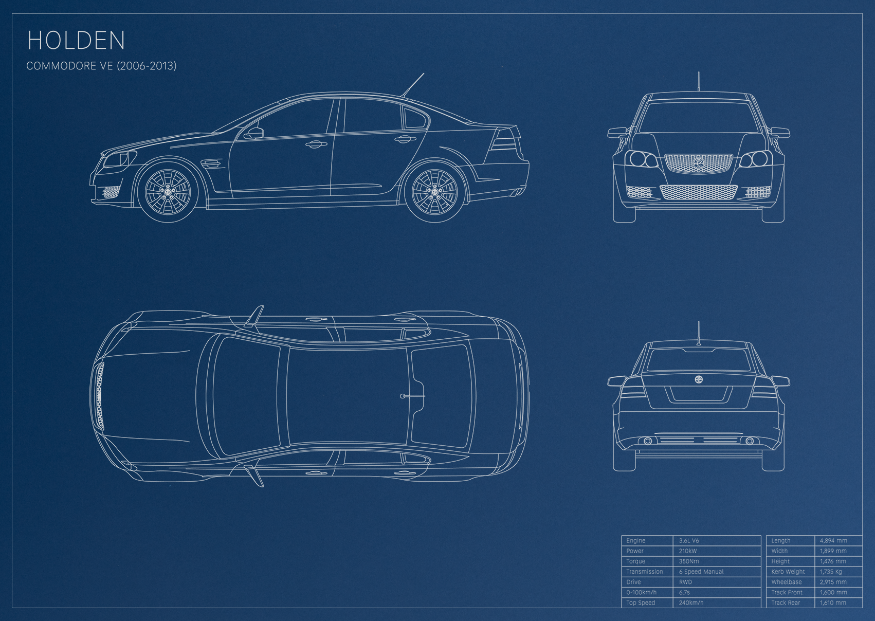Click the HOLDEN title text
76,40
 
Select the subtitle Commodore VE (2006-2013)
101,66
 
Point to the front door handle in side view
316,145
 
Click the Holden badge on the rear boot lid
699,379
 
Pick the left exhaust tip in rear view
647,442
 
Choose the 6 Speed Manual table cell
701,572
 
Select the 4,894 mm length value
833,540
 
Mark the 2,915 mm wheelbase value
833,582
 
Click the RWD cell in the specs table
685,582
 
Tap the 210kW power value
687,551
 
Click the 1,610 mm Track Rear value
833,602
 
